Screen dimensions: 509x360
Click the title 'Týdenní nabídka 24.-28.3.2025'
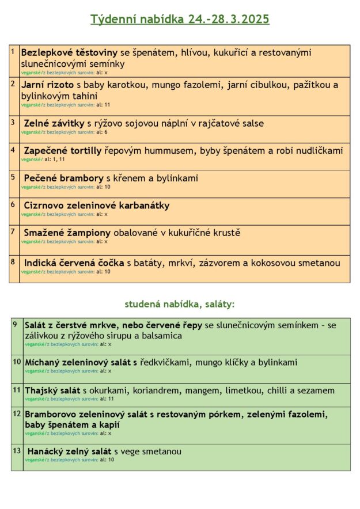180,19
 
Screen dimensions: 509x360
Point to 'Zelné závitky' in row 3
54,123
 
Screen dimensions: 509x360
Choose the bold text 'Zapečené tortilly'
63,151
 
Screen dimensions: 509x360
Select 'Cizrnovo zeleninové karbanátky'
97,206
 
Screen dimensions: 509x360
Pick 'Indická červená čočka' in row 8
74,263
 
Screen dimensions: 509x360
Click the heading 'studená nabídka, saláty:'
180,304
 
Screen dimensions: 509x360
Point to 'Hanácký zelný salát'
70,451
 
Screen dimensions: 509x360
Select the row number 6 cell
13,204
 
